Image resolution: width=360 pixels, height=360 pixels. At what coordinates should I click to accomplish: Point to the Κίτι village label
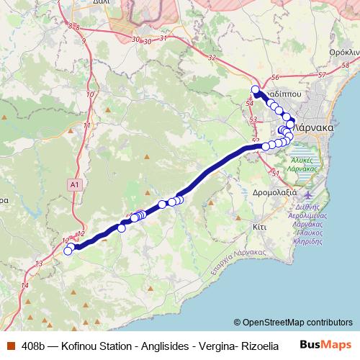tap(260, 225)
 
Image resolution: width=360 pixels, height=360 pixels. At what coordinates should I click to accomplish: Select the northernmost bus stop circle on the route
tap(255, 89)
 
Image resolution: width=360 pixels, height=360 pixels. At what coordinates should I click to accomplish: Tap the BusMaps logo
tap(325, 345)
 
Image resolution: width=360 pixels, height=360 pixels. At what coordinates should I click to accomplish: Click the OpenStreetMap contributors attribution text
tap(293, 323)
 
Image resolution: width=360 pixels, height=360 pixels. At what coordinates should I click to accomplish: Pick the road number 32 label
tap(211, 57)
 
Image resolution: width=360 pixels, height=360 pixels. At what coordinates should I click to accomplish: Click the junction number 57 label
tap(322, 75)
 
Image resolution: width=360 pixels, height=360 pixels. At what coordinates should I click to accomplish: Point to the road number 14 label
tap(25, 286)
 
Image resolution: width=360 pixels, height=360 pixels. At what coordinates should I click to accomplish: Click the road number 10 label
tap(90, 94)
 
